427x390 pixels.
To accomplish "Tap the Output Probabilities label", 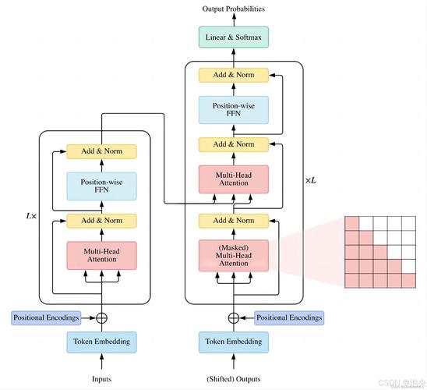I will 233,9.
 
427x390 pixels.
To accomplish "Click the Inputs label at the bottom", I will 101,378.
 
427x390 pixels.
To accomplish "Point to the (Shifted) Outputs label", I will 233,378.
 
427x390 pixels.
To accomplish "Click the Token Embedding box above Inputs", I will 101,341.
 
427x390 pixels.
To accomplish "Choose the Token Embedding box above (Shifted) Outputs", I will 233,341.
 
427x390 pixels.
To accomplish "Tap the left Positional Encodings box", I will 45,317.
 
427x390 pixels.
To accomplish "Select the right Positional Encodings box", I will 289,317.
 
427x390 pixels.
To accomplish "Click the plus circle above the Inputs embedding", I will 101,317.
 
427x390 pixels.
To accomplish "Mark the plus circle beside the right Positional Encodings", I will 233,317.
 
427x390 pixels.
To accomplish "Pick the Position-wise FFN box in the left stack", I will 101,186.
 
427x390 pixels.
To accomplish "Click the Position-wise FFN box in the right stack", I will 233,109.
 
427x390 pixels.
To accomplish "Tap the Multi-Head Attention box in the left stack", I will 101,256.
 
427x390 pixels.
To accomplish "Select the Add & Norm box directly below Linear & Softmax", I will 233,75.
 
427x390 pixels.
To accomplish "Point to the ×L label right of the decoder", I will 311,179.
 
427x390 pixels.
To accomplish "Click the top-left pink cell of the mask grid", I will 351,224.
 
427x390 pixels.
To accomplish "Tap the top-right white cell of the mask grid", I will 408,224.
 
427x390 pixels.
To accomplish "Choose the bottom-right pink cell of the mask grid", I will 408,280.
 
